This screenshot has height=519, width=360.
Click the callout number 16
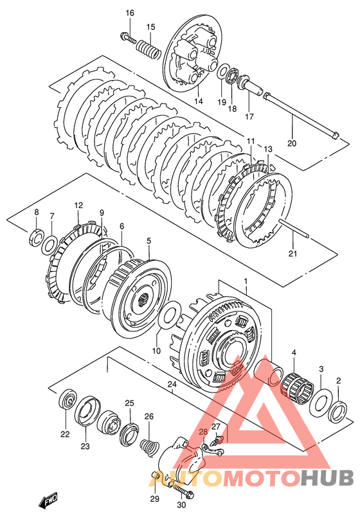(130, 13)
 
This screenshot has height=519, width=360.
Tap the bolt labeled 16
(129, 37)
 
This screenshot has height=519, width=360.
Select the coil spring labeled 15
(149, 48)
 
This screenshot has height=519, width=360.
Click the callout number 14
(199, 101)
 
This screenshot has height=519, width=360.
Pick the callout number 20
(292, 143)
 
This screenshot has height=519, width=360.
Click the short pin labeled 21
(294, 229)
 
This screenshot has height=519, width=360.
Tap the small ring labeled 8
(37, 235)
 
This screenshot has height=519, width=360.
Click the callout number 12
(78, 205)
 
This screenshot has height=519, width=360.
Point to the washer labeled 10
(170, 317)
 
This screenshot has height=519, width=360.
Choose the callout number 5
(148, 241)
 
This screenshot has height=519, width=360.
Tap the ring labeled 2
(338, 411)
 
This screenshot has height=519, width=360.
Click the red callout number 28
(203, 431)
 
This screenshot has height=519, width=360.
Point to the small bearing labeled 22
(68, 400)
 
